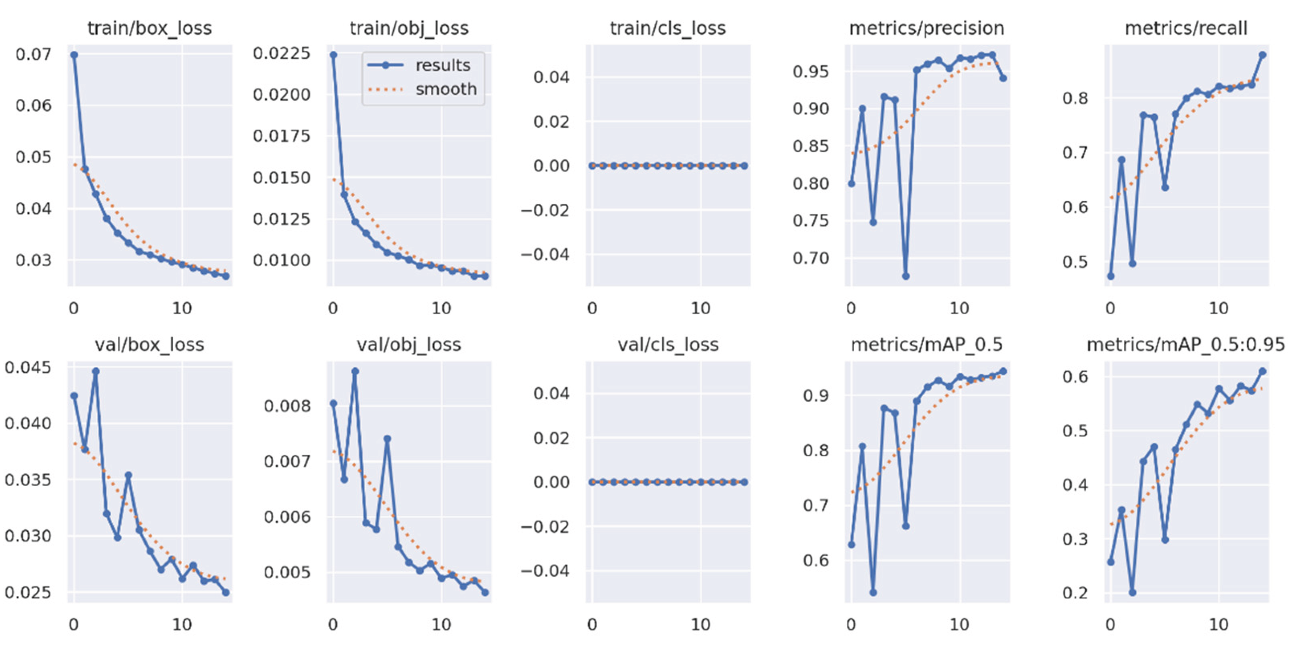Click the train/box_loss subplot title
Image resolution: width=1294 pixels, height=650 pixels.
(149, 28)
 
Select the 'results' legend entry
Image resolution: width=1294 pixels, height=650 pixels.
(442, 65)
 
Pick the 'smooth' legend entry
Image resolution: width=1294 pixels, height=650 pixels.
(445, 90)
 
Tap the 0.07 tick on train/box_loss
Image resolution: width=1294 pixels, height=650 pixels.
(33, 54)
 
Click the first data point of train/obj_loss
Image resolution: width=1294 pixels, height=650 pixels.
(333, 55)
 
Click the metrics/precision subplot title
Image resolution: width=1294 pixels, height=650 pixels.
(926, 28)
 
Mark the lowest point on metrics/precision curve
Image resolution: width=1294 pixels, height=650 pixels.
(906, 276)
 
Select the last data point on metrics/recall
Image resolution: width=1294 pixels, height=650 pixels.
(1262, 55)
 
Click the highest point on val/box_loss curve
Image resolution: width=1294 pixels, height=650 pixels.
(96, 371)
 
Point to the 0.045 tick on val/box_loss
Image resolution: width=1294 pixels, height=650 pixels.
(28, 367)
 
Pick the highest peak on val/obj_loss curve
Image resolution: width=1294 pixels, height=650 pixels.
(355, 371)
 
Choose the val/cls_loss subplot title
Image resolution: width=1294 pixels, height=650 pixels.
(668, 345)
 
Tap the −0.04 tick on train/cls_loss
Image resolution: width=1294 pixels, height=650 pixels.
(545, 254)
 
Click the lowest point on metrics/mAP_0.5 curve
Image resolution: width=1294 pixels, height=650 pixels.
(873, 593)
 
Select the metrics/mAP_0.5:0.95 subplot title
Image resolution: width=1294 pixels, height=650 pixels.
(1186, 345)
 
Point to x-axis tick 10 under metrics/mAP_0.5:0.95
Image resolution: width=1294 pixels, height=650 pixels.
(1218, 624)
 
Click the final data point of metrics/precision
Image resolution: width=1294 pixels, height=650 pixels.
(1003, 78)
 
